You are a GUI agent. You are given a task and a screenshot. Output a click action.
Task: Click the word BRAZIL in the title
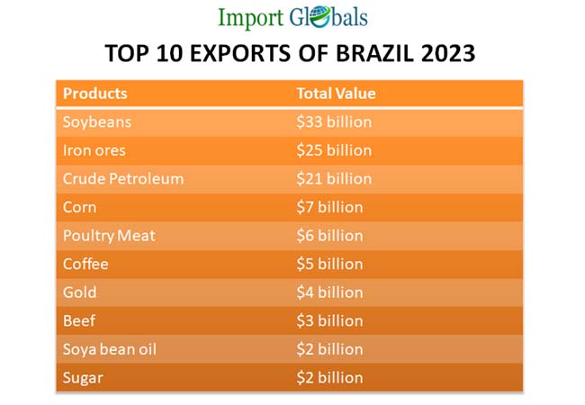click(x=372, y=55)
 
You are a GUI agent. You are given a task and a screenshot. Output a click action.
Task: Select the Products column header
click(x=94, y=94)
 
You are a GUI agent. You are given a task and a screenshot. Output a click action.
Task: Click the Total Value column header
click(x=336, y=94)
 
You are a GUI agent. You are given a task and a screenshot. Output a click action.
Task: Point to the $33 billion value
click(x=334, y=121)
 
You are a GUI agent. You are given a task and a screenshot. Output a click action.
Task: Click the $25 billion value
click(x=334, y=150)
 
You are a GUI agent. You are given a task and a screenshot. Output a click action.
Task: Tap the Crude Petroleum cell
click(x=122, y=178)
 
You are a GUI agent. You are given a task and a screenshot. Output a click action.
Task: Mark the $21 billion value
click(x=334, y=178)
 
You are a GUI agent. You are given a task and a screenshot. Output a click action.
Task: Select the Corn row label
click(x=79, y=207)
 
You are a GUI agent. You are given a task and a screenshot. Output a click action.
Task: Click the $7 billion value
click(x=329, y=207)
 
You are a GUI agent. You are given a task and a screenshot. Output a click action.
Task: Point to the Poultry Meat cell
click(x=109, y=236)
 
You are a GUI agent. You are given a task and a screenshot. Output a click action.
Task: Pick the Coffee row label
click(x=85, y=264)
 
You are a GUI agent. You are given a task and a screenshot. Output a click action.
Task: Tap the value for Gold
click(x=329, y=292)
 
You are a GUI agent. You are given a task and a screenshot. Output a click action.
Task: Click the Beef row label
click(x=78, y=320)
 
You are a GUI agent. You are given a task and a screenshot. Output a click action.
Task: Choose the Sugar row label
click(x=83, y=378)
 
